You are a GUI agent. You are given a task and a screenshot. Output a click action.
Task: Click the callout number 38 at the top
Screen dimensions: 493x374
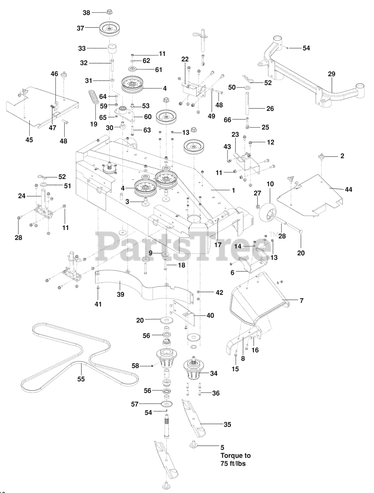tap(87, 12)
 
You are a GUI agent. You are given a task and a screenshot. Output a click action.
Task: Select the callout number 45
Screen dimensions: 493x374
tap(29, 140)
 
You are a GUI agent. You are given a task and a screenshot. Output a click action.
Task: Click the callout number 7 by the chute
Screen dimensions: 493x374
tap(302, 300)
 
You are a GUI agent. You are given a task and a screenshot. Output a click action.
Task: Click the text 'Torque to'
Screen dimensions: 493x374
tap(233, 456)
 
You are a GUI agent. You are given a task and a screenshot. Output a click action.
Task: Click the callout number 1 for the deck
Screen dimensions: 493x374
tap(233, 190)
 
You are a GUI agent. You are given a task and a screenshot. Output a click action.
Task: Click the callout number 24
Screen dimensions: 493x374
tap(22, 195)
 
